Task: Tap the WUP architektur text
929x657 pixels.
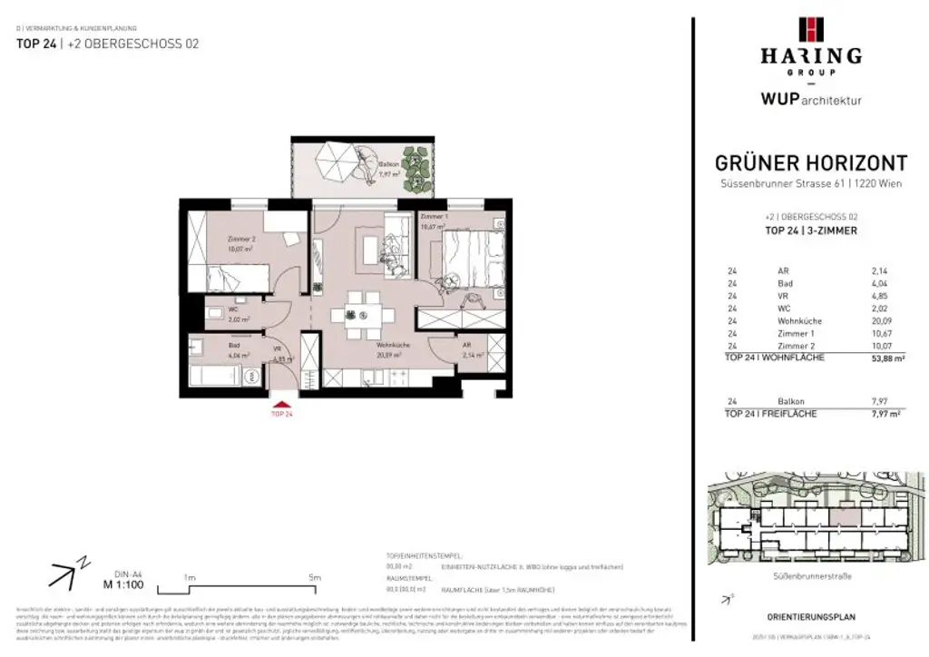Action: pyautogui.click(x=811, y=99)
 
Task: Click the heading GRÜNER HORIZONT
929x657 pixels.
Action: pyautogui.click(x=811, y=163)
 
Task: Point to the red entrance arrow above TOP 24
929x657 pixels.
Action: pyautogui.click(x=282, y=405)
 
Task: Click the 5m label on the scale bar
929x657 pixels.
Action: pyautogui.click(x=314, y=577)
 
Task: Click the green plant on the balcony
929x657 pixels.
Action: pyautogui.click(x=417, y=167)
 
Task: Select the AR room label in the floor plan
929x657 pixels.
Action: pyautogui.click(x=467, y=347)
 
